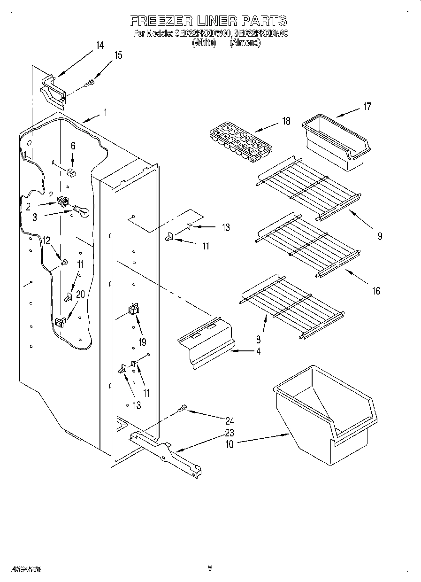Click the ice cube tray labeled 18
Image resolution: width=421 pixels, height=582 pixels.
click(x=241, y=143)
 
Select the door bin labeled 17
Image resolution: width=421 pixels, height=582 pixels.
click(x=337, y=142)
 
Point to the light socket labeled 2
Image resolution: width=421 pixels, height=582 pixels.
click(x=62, y=202)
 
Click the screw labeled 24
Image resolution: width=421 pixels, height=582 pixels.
click(x=183, y=410)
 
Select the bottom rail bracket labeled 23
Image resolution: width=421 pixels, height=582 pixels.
click(x=167, y=453)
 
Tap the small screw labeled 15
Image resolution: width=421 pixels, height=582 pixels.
click(x=89, y=84)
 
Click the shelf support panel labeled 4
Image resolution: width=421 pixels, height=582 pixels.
click(x=207, y=345)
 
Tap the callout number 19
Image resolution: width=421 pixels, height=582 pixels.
click(x=142, y=341)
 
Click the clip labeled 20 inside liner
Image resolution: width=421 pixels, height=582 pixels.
click(x=60, y=322)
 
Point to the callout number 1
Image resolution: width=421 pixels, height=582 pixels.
click(x=106, y=113)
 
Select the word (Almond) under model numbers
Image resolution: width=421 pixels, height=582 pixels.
click(x=245, y=43)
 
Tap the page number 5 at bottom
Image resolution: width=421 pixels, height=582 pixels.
click(x=210, y=568)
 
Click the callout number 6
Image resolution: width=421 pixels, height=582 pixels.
click(x=73, y=146)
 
